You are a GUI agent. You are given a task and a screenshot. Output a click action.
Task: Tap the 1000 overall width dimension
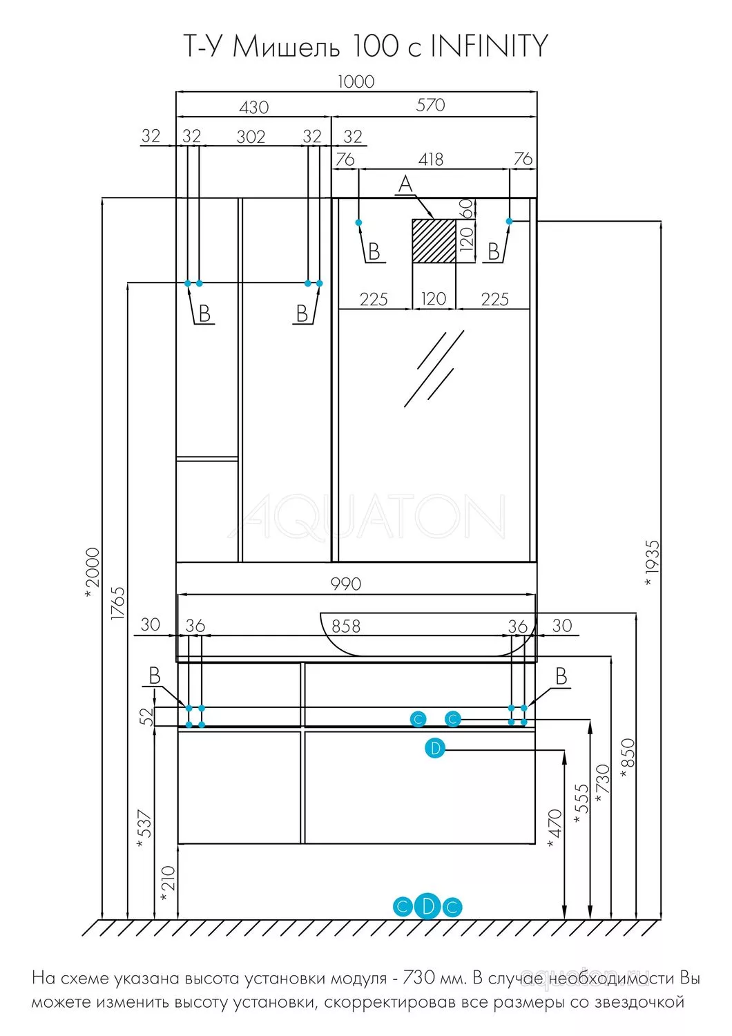[356, 81]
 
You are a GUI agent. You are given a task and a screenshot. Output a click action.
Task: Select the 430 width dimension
[254, 107]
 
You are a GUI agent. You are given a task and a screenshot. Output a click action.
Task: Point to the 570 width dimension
[430, 105]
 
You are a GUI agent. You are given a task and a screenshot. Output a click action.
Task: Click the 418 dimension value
[430, 159]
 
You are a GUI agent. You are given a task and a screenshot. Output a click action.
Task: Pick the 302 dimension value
[251, 137]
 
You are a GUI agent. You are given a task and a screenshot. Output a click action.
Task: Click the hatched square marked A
[434, 241]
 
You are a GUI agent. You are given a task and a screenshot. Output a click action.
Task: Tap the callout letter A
[405, 184]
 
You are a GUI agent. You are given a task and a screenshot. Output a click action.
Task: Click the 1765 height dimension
[118, 603]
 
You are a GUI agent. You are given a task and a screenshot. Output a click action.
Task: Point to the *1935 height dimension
[652, 562]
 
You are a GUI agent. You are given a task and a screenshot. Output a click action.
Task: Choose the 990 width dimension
[346, 584]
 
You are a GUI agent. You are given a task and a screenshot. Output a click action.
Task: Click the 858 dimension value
[346, 626]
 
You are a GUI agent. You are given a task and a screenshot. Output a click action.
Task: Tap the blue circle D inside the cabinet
[434, 748]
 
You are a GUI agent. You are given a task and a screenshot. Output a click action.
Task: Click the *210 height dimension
[167, 884]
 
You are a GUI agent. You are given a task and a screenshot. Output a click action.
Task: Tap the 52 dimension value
[147, 717]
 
